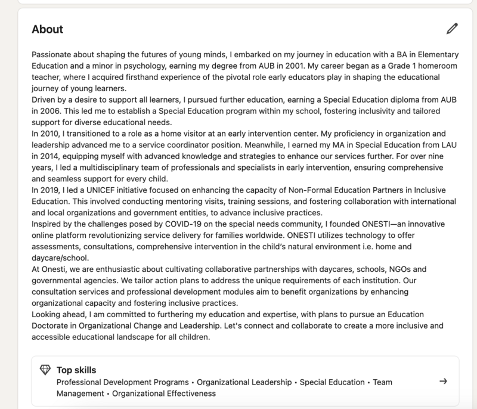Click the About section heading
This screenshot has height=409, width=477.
[47, 29]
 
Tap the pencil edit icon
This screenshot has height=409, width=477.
[452, 29]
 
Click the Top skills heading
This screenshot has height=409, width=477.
[76, 370]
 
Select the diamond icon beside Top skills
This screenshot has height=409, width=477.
[45, 370]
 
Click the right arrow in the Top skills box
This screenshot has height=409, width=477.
[442, 382]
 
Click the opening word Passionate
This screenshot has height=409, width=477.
[51, 55]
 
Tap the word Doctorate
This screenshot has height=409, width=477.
[52, 326]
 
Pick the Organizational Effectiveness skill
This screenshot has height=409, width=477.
[164, 393]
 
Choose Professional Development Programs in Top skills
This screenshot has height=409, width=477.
[123, 382]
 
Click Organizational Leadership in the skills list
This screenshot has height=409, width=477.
[245, 382]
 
